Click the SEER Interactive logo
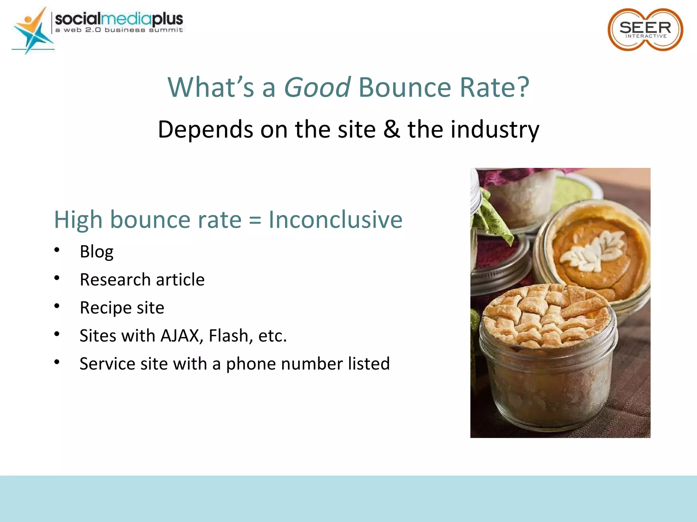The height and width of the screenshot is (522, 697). click(645, 30)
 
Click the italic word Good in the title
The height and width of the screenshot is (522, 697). click(317, 87)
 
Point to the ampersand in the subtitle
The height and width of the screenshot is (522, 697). click(391, 129)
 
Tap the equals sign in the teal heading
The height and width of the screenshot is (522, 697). click(255, 220)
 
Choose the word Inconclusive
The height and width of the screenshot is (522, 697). click(335, 220)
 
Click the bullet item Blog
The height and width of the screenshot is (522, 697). click(97, 252)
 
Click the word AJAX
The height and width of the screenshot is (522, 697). click(180, 336)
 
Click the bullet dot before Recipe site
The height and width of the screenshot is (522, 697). click(57, 306)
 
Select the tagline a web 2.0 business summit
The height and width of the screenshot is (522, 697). click(119, 30)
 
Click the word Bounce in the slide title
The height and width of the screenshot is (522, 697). click(405, 87)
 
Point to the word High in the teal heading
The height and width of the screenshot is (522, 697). click(78, 220)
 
